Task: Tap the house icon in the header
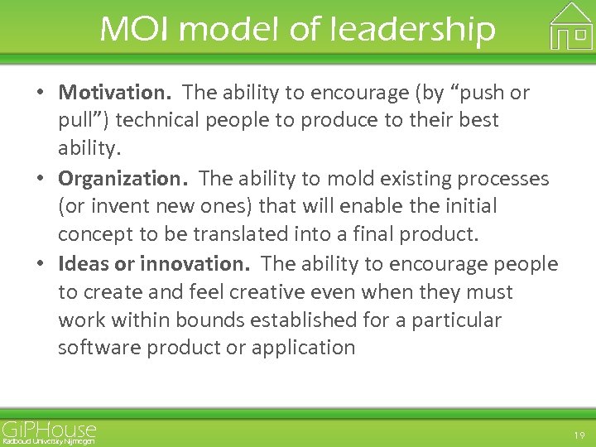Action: (x=571, y=26)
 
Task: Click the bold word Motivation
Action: (x=114, y=92)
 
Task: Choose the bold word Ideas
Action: (x=84, y=264)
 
